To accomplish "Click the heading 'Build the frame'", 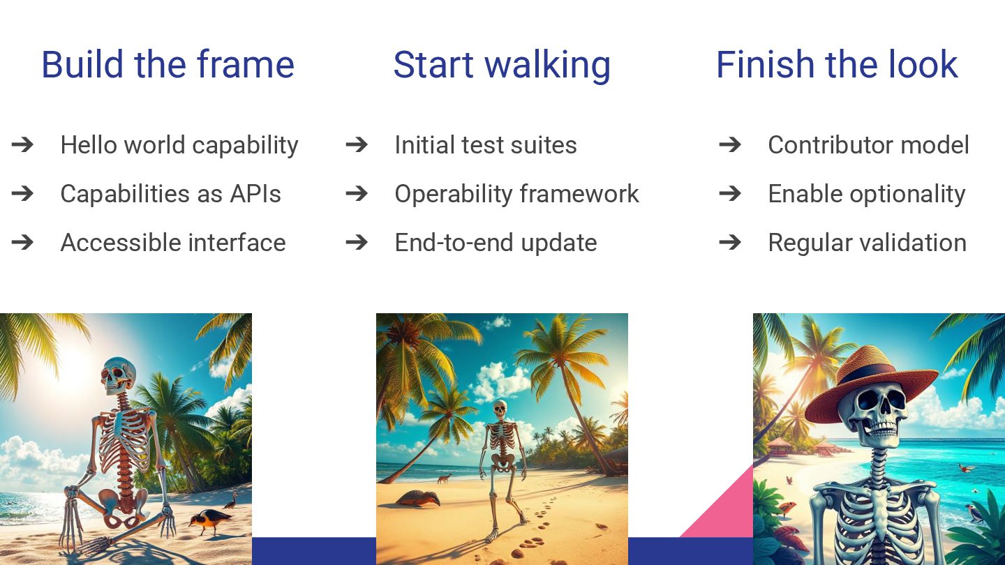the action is click(x=167, y=65).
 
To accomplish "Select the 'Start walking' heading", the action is click(x=502, y=66).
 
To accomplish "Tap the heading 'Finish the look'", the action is click(x=837, y=65).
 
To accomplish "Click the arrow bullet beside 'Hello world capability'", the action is click(x=22, y=144).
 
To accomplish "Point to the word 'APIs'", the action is click(x=255, y=194).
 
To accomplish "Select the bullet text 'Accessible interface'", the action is click(x=173, y=243).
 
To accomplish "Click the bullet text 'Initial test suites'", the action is click(x=486, y=145).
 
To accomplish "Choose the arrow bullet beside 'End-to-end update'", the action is click(x=357, y=243).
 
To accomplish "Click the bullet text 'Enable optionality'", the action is click(x=867, y=195).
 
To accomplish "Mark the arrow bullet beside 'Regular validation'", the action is click(x=730, y=243).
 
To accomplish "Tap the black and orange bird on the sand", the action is click(x=209, y=520).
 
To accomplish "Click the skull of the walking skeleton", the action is click(x=500, y=410).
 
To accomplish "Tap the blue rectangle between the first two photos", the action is click(x=314, y=551).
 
